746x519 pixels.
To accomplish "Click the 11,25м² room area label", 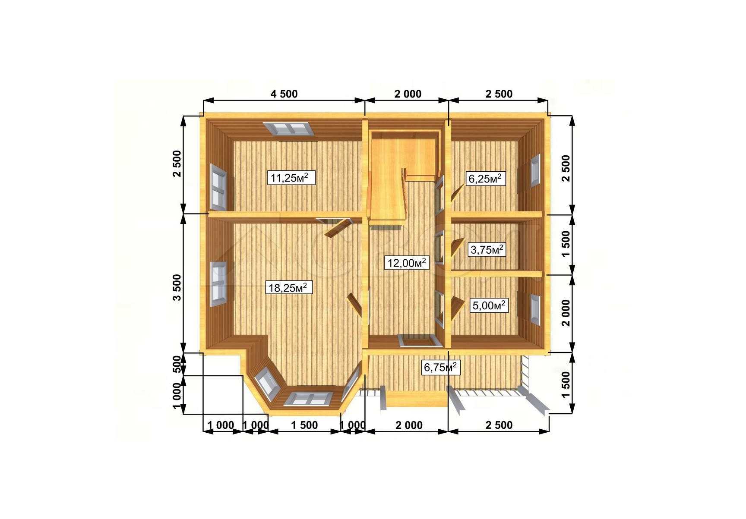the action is point(291,177).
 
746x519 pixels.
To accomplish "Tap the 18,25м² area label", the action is point(289,287).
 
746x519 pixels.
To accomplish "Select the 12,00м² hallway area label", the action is point(407,262).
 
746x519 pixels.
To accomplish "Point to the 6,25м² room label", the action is point(485,178).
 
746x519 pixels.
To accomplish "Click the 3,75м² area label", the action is point(486,249).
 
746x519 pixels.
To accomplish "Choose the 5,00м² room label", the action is point(489,305).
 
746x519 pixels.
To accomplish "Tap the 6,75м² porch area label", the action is point(440,368).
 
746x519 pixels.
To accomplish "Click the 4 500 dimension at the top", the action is point(284,94).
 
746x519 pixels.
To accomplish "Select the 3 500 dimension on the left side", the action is point(177,287).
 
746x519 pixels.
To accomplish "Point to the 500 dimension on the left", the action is point(177,364).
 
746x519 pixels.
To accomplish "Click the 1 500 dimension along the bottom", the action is point(304,425).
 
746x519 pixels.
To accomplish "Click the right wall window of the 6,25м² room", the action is point(535,171).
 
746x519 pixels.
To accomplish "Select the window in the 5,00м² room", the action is point(535,309).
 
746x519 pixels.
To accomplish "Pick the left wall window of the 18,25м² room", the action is point(218,284).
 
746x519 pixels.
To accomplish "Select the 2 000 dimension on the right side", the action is point(566,313).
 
